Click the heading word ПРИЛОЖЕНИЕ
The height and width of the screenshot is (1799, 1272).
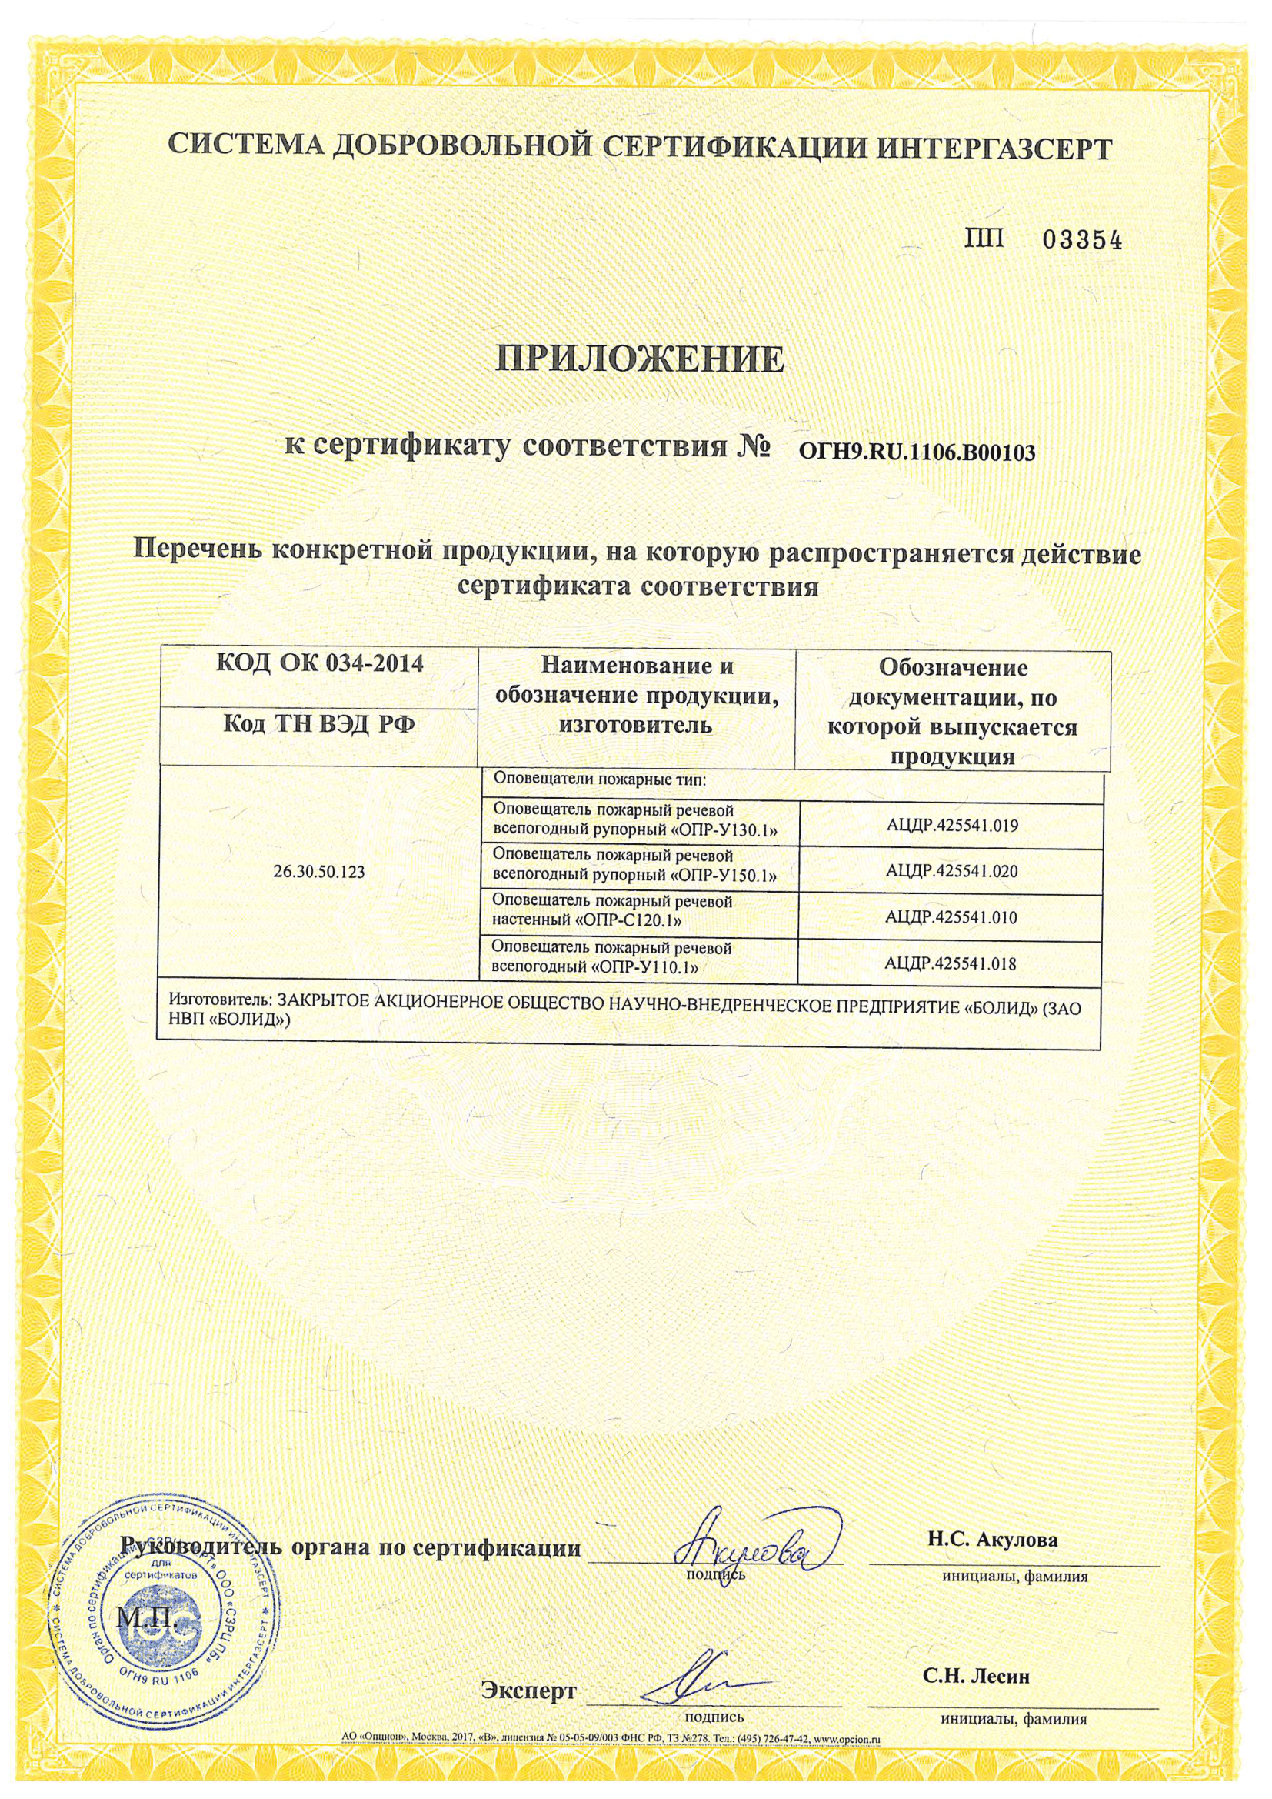point(641,359)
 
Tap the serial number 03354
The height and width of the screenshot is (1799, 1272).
point(1084,242)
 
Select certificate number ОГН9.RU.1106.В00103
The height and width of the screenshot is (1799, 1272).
point(916,453)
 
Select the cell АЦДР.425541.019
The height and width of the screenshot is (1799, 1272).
point(951,825)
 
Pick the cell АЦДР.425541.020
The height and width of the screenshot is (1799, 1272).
point(951,870)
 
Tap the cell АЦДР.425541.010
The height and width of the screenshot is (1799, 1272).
point(951,916)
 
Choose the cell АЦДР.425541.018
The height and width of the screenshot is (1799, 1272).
point(951,963)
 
